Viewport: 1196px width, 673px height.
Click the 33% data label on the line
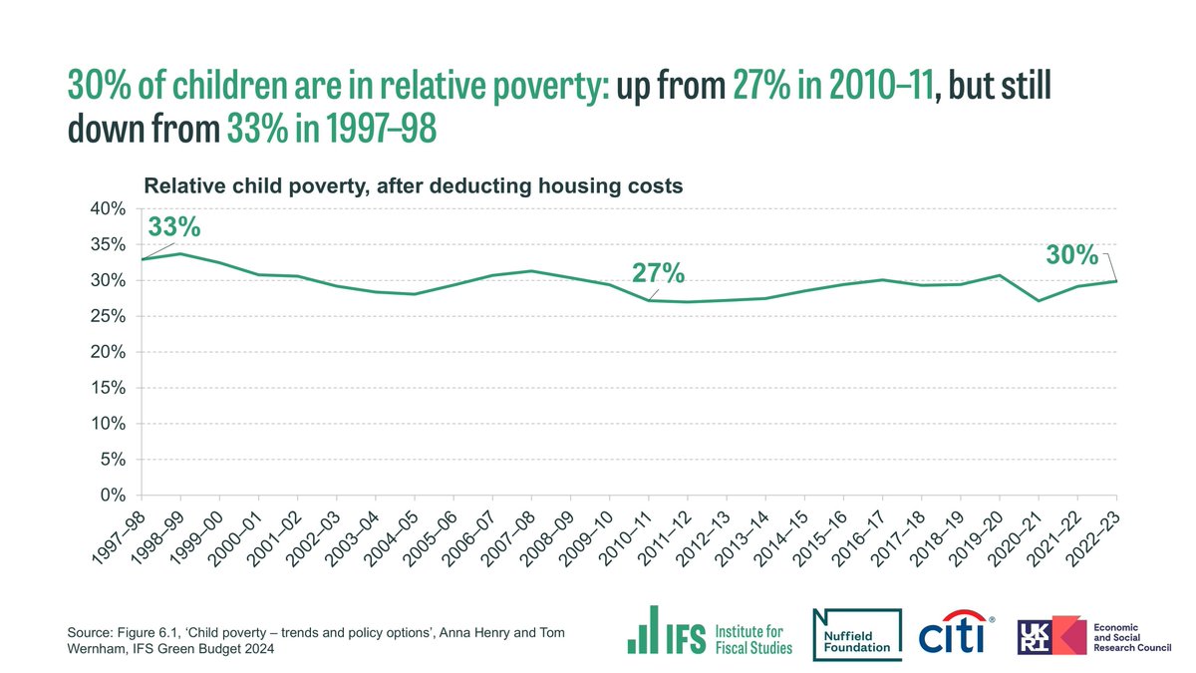174,227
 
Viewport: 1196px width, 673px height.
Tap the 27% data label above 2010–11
658,273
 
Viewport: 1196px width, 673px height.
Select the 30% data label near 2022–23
1071,255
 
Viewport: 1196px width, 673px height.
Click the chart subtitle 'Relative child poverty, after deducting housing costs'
413,185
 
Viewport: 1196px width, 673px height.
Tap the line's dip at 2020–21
1039,300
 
